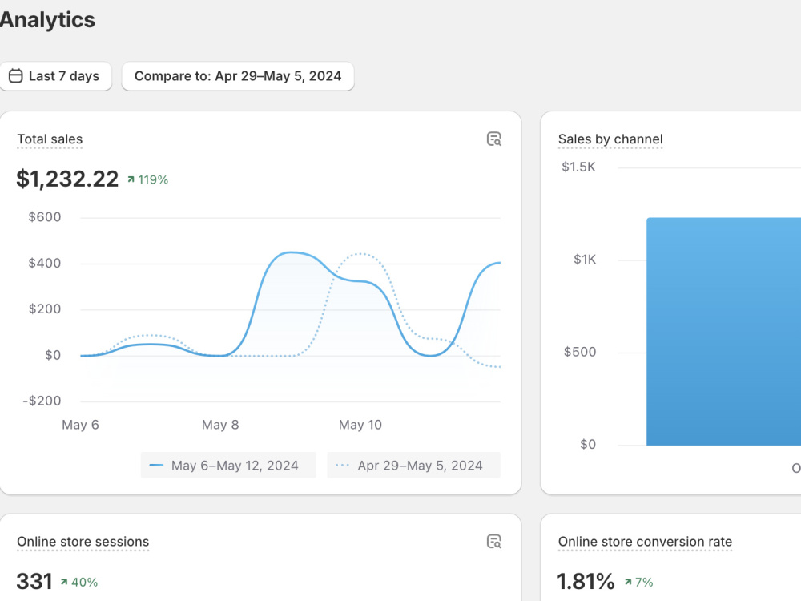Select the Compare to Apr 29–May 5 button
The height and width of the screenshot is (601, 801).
[x=238, y=76]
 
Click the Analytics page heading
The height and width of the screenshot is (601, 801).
[x=47, y=20]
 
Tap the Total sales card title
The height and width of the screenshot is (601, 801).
[x=50, y=139]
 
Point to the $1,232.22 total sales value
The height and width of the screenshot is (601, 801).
[x=67, y=179]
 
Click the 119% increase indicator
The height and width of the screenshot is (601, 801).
[x=147, y=179]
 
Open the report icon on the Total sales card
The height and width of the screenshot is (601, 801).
[x=494, y=139]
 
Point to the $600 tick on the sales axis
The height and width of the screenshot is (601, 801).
[x=45, y=217]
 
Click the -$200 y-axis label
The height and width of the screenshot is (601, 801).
[x=42, y=401]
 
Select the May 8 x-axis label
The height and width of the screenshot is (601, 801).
[x=220, y=425]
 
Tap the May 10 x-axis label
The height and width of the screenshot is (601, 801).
[x=360, y=425]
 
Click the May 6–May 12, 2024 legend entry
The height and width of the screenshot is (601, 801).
[x=228, y=465]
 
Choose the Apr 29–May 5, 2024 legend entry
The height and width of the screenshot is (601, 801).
[x=414, y=465]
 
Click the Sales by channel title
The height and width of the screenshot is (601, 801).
[x=610, y=139]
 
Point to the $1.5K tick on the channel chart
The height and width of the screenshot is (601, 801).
[x=579, y=167]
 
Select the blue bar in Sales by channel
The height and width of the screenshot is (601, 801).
[x=724, y=332]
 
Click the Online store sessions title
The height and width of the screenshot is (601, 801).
[x=83, y=542]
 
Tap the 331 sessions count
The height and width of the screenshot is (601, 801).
[x=34, y=582]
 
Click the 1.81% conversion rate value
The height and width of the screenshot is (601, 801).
[x=586, y=582]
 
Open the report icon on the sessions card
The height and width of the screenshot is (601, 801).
[x=494, y=542]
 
